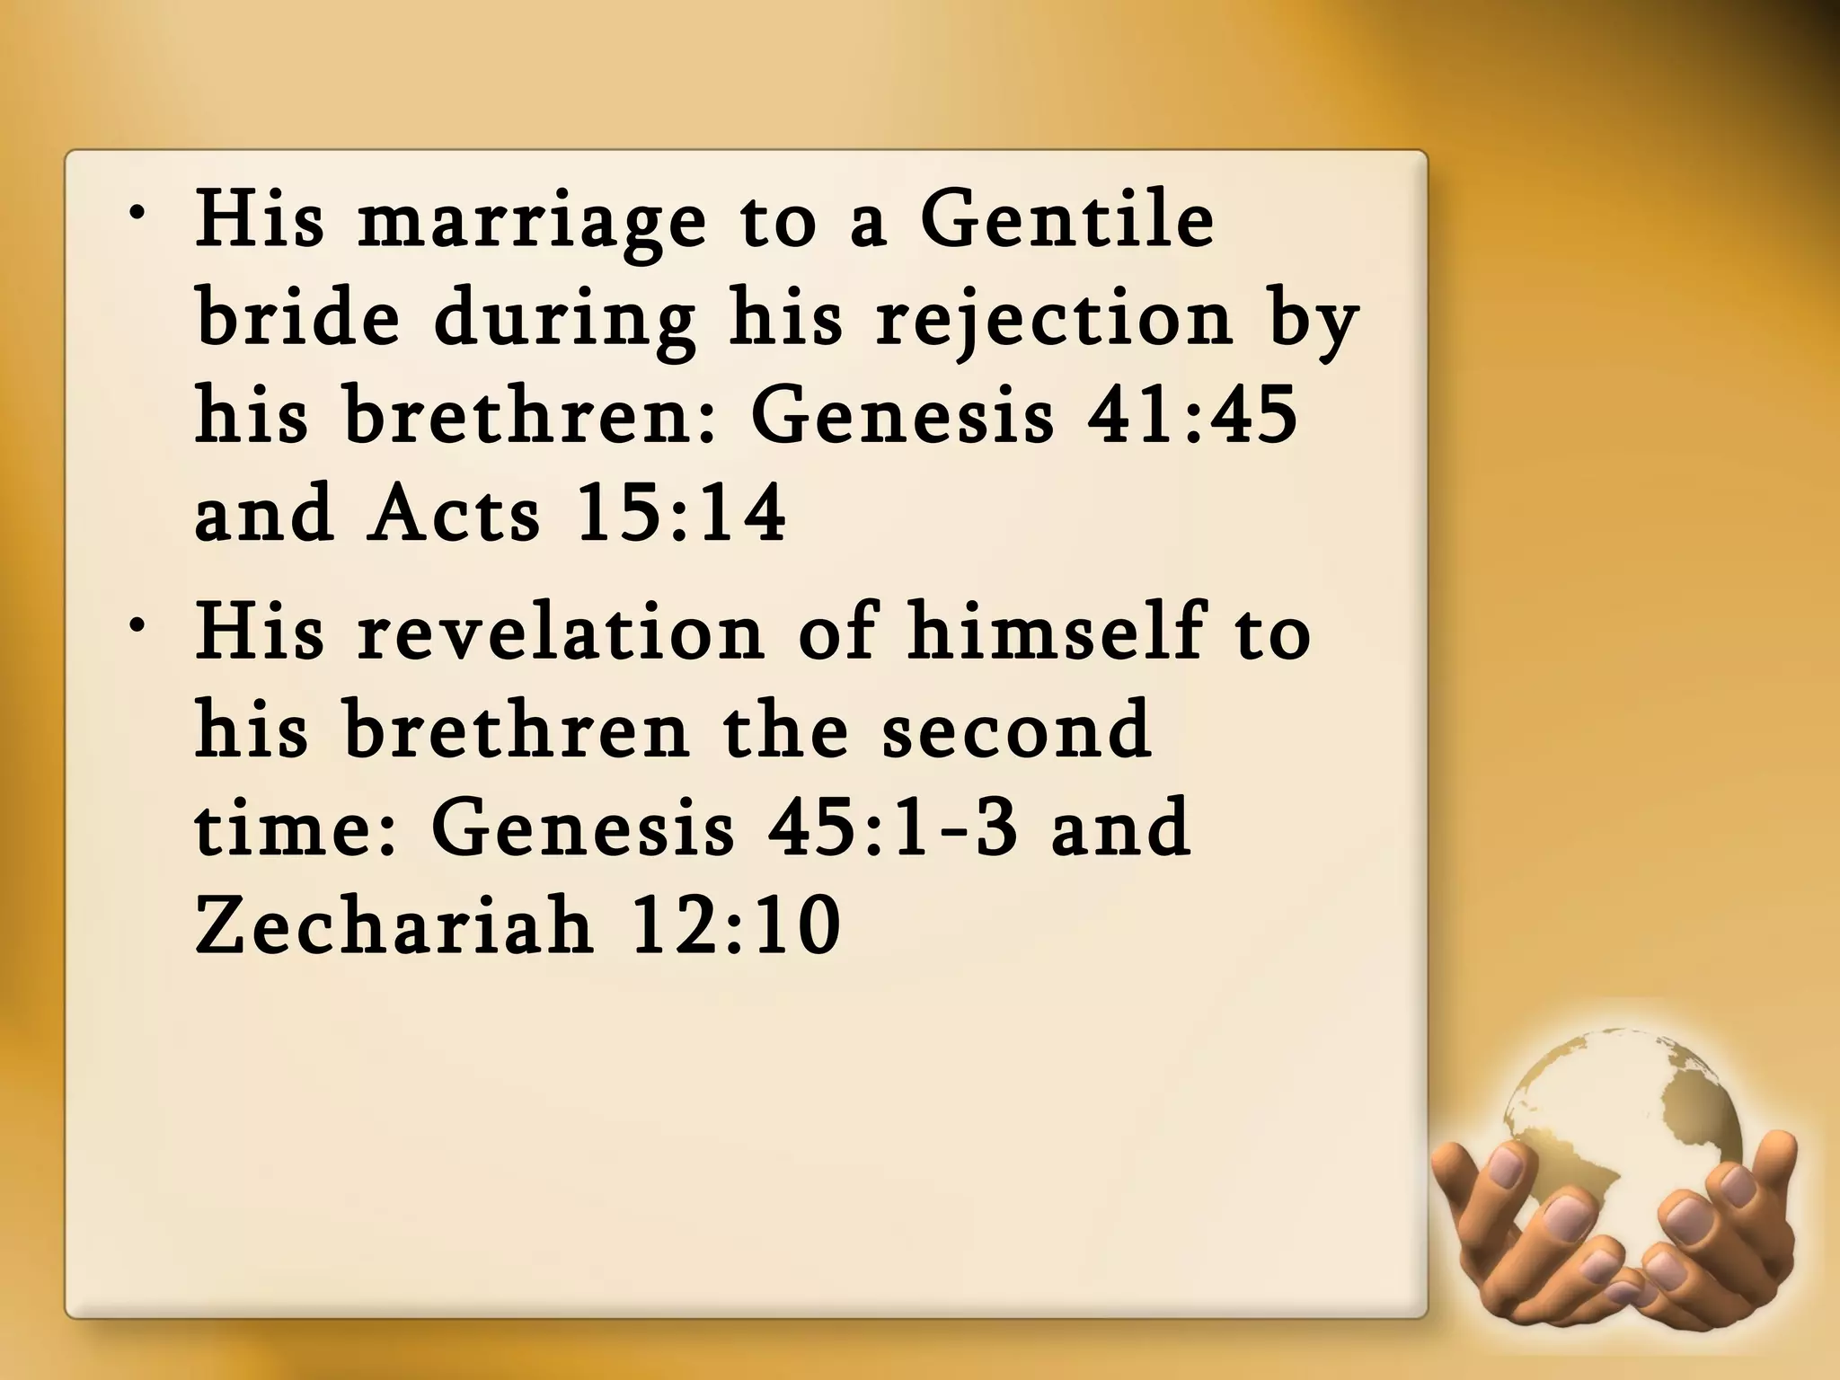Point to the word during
tap(564, 321)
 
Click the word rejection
tap(1055, 321)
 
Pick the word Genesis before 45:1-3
tap(583, 828)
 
